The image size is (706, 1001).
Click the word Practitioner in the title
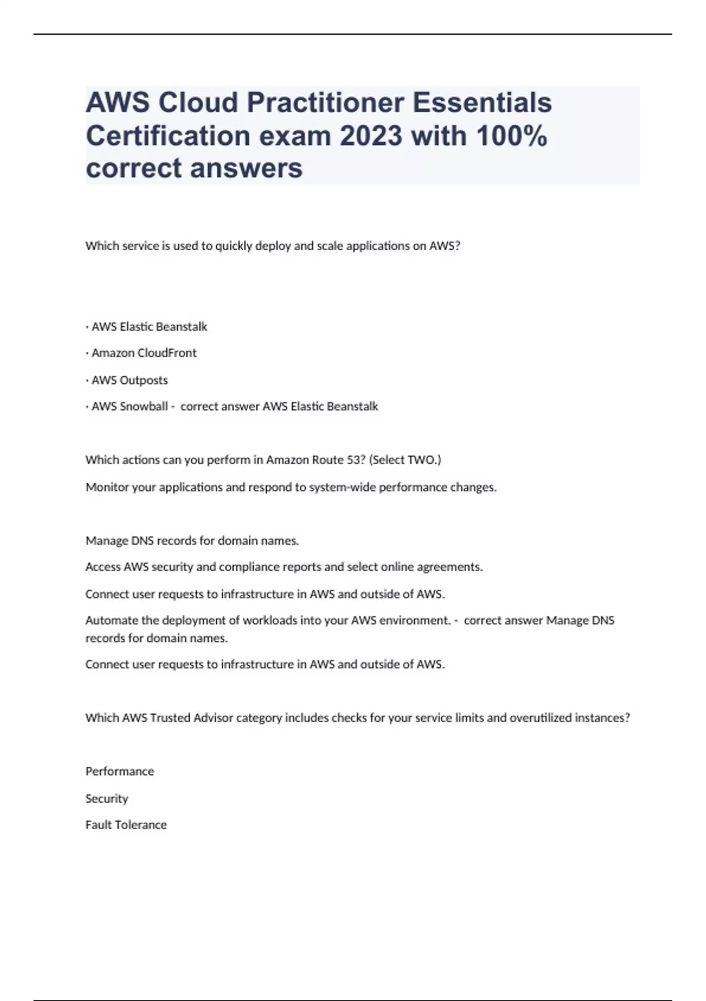point(325,103)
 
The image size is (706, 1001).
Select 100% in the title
point(511,136)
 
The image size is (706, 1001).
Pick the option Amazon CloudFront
point(144,353)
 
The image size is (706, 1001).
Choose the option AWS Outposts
point(129,380)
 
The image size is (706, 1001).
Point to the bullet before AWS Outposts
point(87,380)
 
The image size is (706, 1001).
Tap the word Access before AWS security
point(102,567)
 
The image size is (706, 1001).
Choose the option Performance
point(119,771)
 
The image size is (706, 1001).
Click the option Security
point(106,798)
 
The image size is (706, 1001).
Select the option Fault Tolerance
point(126,825)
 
